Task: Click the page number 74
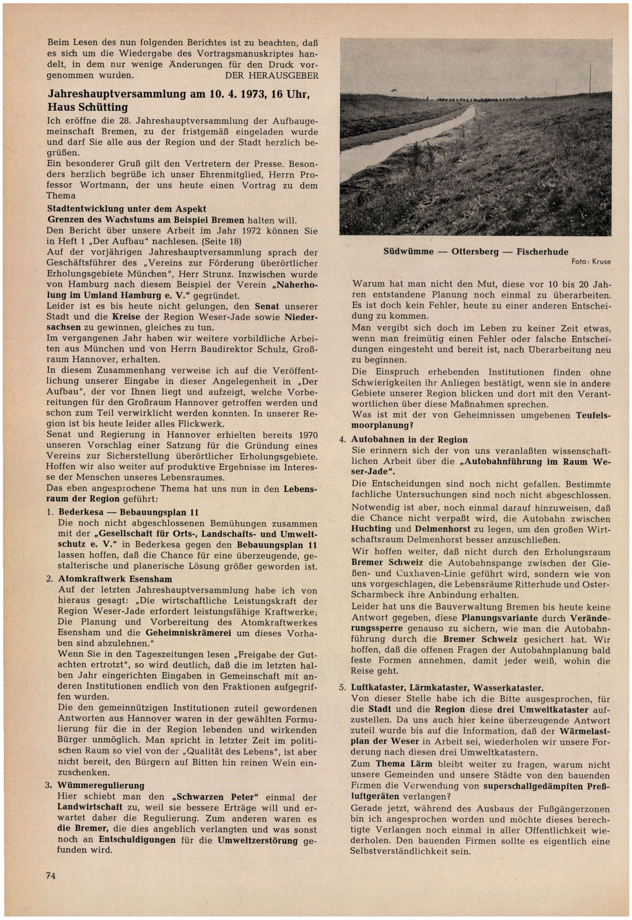pyautogui.click(x=51, y=875)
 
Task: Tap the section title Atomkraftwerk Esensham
pyautogui.click(x=115, y=579)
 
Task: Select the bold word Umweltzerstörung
pyautogui.click(x=258, y=840)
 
